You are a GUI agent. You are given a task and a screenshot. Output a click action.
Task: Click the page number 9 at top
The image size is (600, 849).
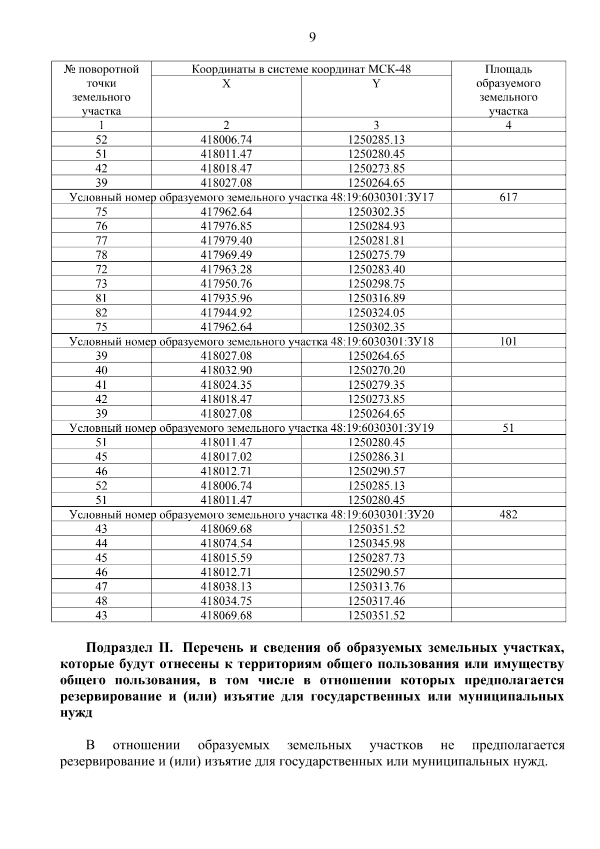(x=312, y=38)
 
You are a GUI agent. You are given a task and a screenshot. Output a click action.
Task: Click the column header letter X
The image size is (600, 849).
(x=226, y=84)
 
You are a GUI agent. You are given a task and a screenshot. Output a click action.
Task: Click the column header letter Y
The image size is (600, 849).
(x=376, y=84)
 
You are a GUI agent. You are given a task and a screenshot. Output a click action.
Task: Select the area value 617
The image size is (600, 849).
(x=508, y=198)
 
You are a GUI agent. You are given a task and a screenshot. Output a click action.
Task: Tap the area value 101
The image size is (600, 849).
(x=508, y=342)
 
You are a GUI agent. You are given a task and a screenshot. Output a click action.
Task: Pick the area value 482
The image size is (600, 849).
(x=508, y=515)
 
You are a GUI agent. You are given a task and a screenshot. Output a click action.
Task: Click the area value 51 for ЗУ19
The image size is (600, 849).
(x=508, y=428)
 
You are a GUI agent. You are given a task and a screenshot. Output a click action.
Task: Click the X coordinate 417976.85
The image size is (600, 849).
(x=226, y=227)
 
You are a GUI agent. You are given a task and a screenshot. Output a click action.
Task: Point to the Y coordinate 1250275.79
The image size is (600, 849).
(x=376, y=255)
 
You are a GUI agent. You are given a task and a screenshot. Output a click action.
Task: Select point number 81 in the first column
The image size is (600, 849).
(x=101, y=299)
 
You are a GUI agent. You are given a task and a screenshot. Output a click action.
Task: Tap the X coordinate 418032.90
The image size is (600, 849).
(x=226, y=371)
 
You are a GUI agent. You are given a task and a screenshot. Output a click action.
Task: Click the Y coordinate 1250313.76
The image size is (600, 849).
(x=376, y=587)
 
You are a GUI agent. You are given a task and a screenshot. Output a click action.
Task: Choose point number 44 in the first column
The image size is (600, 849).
(x=101, y=544)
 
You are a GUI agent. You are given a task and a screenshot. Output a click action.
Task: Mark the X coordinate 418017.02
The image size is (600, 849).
(x=226, y=457)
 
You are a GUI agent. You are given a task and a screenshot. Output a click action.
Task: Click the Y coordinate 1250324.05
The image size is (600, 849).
(x=376, y=313)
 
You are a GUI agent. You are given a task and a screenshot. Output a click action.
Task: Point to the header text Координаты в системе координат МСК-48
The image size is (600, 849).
(x=301, y=69)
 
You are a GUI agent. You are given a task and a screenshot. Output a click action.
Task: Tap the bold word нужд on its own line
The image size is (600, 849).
(x=75, y=712)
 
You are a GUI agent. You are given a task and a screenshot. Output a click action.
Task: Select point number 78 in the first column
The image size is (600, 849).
(x=101, y=255)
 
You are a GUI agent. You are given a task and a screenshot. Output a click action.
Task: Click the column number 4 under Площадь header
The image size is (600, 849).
(x=508, y=125)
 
